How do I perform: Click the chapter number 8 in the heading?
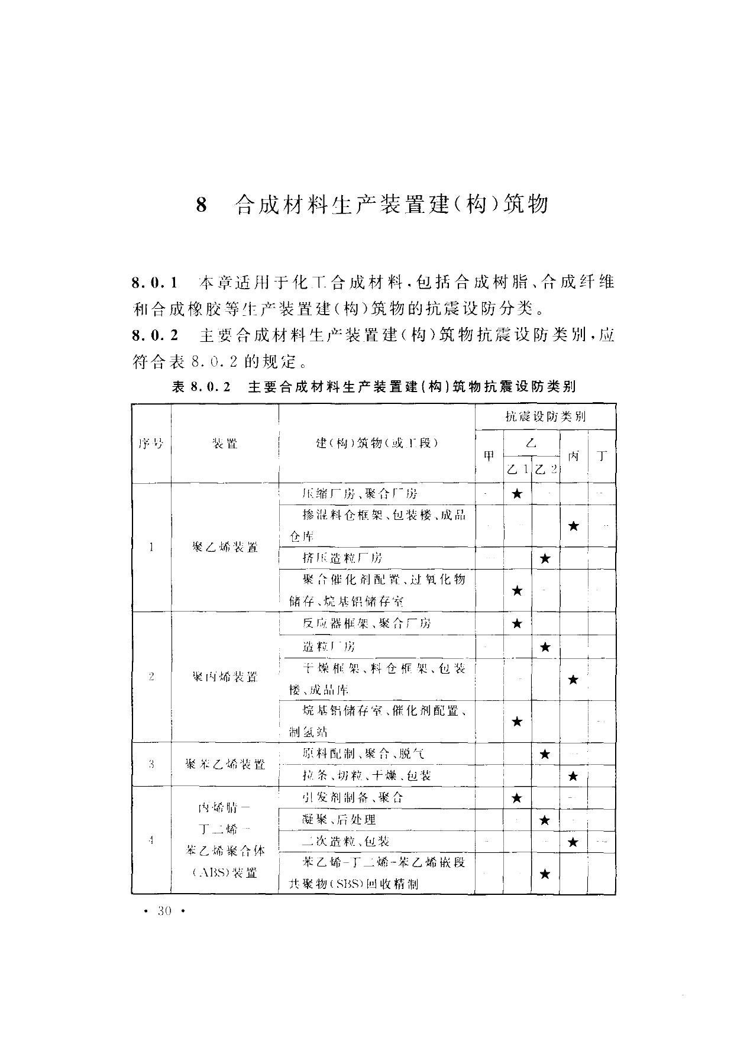202,205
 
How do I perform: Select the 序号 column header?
151,443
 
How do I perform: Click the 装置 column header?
225,443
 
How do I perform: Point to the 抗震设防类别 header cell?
545,416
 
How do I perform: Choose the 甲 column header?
489,456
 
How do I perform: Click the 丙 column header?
573,456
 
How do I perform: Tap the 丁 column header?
602,456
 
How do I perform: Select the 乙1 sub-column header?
518,470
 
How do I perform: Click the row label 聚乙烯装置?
225,547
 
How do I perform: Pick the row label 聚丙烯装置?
225,677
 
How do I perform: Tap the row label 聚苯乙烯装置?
225,764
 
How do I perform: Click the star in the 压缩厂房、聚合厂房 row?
517,493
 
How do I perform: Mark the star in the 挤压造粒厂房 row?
545,558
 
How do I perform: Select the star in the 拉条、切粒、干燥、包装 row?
573,776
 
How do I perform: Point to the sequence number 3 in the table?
151,764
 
